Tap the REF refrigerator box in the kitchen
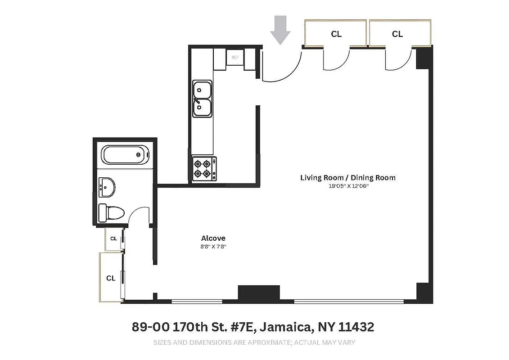pos(234,58)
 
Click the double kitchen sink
pos(203,99)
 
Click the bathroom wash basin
pos(107,187)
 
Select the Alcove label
pos(213,238)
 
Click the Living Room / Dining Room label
pos(348,177)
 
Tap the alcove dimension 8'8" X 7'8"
pos(213,247)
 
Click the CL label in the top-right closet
pos(397,34)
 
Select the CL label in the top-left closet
pos(336,34)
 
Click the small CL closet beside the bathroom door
pos(113,239)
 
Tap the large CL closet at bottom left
pos(111,278)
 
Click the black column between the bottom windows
pos(258,293)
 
